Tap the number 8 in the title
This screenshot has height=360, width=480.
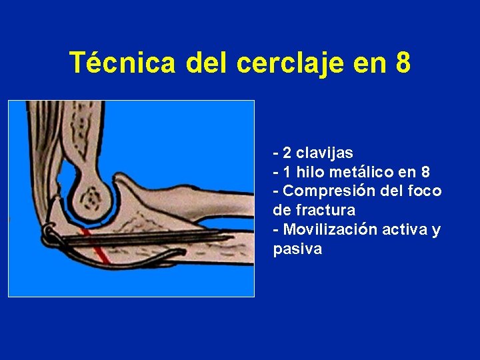coord(402,63)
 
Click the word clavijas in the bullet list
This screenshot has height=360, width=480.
coord(328,153)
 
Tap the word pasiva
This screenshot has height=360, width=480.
coord(297,249)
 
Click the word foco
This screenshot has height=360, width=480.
coord(426,191)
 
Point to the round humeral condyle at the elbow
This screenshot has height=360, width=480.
coord(93,197)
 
